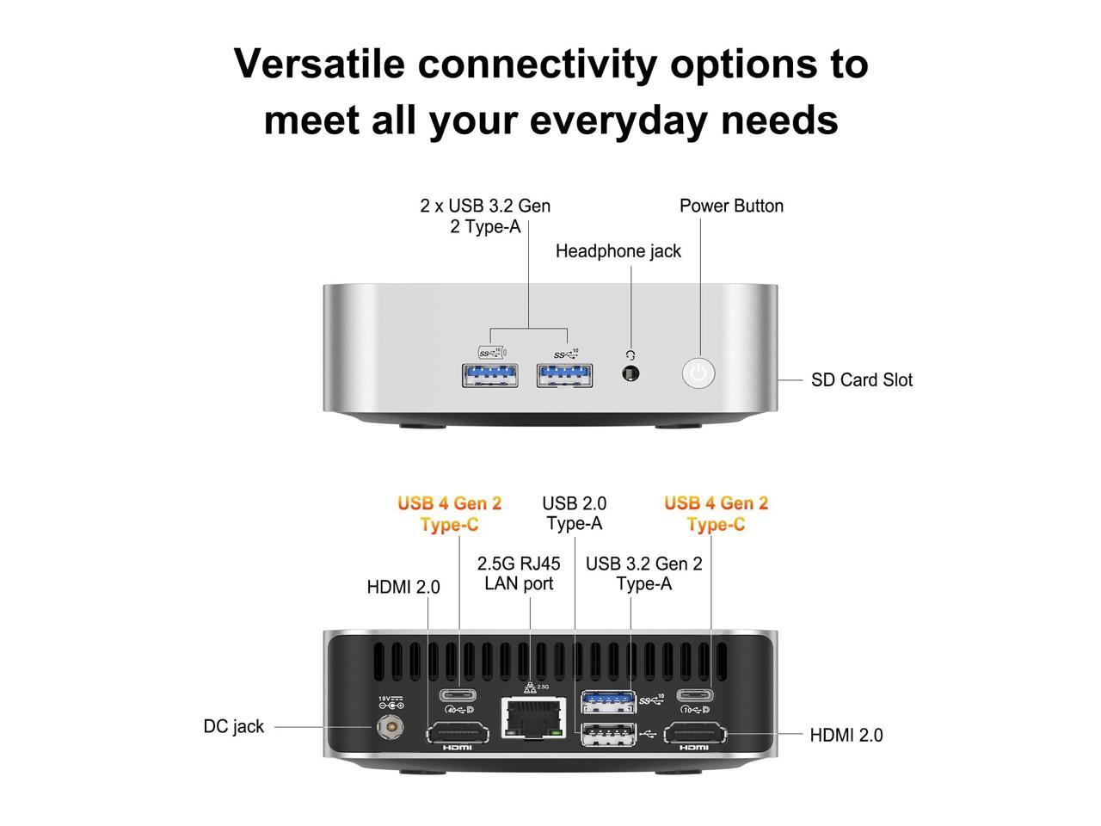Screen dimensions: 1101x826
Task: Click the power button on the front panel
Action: (x=698, y=373)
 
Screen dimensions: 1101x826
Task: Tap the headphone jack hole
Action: (x=630, y=374)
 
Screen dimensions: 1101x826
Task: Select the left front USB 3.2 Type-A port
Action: (x=490, y=375)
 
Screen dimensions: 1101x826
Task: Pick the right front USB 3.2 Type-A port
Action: (x=564, y=375)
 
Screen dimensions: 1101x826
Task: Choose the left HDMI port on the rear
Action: (x=458, y=734)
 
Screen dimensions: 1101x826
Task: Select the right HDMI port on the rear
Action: (x=695, y=734)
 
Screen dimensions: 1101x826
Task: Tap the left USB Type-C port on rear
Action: (x=458, y=695)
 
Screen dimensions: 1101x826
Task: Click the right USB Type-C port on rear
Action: (x=694, y=695)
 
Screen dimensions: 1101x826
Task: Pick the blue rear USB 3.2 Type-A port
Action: (x=609, y=701)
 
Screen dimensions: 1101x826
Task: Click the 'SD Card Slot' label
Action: (x=861, y=380)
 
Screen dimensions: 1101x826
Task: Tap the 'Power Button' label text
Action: (x=731, y=206)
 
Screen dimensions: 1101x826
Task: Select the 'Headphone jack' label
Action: (x=618, y=251)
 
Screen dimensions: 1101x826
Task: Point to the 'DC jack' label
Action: (x=234, y=726)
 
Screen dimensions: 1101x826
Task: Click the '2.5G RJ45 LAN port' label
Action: (x=519, y=574)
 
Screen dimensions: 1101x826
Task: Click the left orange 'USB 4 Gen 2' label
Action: (x=449, y=503)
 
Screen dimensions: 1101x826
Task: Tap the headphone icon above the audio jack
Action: (x=630, y=354)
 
